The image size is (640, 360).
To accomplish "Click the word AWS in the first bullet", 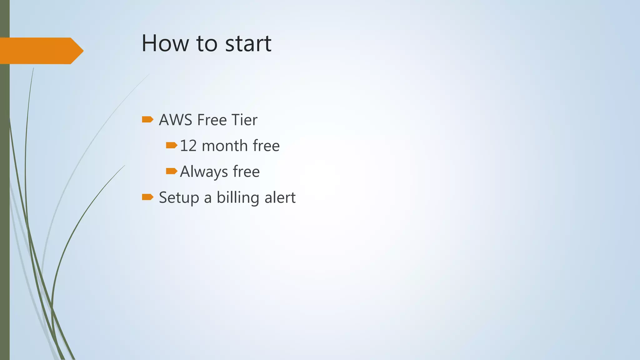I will (x=175, y=120).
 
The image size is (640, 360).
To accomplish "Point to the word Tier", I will (x=244, y=120).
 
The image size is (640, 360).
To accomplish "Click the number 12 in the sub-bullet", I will (x=188, y=146).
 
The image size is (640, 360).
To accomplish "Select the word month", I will (x=225, y=146).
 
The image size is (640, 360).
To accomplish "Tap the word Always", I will (x=204, y=172).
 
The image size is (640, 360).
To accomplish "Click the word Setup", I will (x=179, y=198).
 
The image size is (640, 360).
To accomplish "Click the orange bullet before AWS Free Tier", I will (x=147, y=119).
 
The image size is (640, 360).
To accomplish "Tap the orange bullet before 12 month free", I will (x=172, y=145).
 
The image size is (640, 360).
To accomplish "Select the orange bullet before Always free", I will (x=172, y=171).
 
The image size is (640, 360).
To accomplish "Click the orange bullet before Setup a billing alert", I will (x=147, y=197).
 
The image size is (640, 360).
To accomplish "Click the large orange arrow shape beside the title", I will (x=37, y=51).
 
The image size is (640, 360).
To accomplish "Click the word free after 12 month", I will (x=266, y=146).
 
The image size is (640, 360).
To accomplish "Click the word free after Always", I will (x=246, y=172).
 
